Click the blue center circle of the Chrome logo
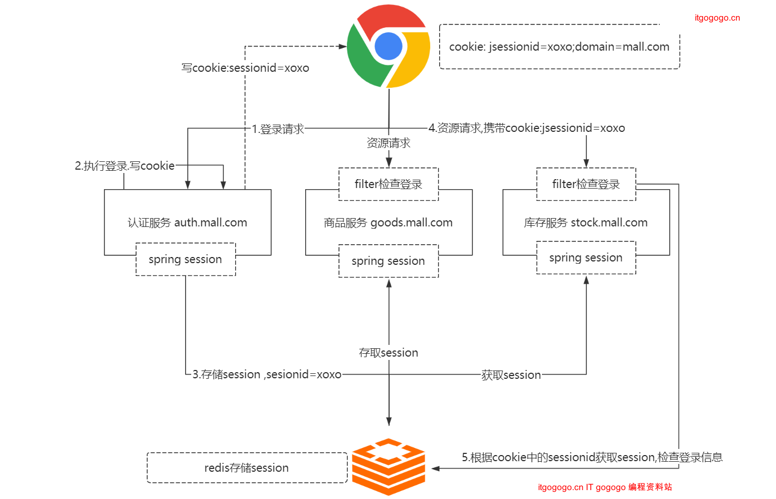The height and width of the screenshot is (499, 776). (x=389, y=46)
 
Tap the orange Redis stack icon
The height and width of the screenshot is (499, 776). (x=389, y=467)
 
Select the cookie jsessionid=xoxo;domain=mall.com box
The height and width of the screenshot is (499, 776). (x=559, y=47)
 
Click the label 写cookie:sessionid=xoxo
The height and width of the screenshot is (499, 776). (x=245, y=68)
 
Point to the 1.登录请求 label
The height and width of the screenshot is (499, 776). (x=278, y=129)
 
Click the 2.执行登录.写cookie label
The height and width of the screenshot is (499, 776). (x=125, y=166)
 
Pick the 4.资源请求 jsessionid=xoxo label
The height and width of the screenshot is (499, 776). (x=527, y=128)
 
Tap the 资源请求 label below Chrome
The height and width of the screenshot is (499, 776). (x=389, y=143)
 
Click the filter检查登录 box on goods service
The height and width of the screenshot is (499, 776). (x=389, y=184)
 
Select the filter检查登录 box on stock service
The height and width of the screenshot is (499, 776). (x=586, y=184)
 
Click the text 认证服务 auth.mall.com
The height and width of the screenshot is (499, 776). (x=187, y=223)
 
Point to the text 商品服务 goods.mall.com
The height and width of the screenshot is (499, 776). (x=388, y=223)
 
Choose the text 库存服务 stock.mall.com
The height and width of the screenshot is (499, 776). (x=586, y=223)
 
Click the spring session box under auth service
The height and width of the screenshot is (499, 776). (x=186, y=259)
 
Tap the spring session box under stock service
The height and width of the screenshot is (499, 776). (x=586, y=258)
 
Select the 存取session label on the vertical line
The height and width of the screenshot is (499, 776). (x=389, y=353)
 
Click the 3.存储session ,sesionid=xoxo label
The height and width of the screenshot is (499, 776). (x=267, y=374)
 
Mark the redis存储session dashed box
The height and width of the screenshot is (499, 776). (x=247, y=468)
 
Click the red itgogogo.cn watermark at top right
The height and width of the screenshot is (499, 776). (x=717, y=18)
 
